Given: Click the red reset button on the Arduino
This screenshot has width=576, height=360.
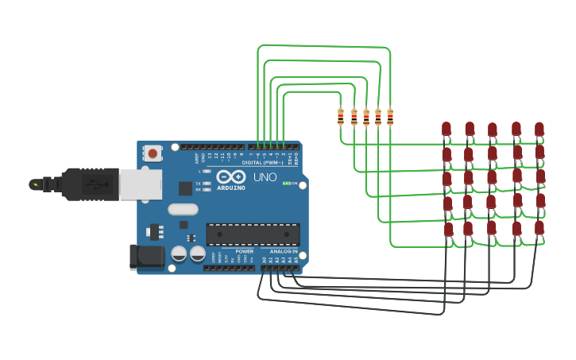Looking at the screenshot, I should [x=152, y=151].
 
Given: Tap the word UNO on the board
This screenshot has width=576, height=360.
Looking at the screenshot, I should [x=265, y=176].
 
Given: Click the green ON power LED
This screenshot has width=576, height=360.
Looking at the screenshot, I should [x=287, y=183].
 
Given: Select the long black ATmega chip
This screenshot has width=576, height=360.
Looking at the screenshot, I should [x=253, y=234].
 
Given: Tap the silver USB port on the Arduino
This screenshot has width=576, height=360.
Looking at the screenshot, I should [x=140, y=184].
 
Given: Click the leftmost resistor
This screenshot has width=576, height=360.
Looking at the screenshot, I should [x=341, y=117].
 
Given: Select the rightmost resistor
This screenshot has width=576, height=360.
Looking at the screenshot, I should [x=390, y=117].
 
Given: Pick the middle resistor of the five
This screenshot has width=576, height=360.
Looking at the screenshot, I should [x=365, y=117].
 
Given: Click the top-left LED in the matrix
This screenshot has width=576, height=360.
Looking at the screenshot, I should [x=446, y=128].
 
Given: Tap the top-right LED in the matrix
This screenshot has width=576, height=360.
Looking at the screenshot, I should [x=539, y=128].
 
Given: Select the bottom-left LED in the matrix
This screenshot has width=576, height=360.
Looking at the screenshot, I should [x=448, y=229].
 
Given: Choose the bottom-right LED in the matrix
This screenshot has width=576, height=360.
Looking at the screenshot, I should [x=539, y=228].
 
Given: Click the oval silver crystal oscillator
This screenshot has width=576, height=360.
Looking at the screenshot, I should [x=183, y=210].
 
